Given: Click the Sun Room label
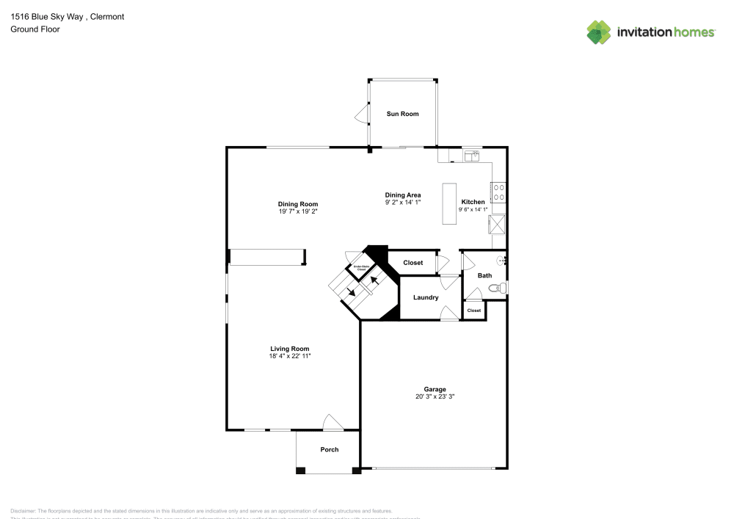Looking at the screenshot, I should click(x=403, y=114).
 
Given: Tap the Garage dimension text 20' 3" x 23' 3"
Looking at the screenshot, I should click(x=435, y=397).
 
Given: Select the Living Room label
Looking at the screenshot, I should click(x=290, y=349).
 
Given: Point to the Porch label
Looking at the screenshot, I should click(x=330, y=449).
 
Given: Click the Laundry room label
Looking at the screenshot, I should click(x=426, y=297).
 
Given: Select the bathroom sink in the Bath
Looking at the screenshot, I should click(x=502, y=260).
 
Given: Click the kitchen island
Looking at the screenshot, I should click(x=448, y=204).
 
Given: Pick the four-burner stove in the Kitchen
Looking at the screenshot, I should click(x=498, y=192).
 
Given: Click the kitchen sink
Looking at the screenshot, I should click(x=470, y=155).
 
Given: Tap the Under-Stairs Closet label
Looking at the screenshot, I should click(x=361, y=269).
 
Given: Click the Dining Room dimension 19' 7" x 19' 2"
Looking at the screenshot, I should click(x=298, y=211).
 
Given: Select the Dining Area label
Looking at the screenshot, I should click(x=403, y=195).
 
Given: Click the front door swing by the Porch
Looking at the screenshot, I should click(x=333, y=422).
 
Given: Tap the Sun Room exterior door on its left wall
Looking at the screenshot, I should click(x=361, y=114).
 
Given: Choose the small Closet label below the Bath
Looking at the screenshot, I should click(x=474, y=311).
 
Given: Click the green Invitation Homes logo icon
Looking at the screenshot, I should click(x=599, y=32).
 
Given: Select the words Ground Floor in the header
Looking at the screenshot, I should click(x=35, y=29).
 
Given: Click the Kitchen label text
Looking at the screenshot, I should click(x=473, y=202).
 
